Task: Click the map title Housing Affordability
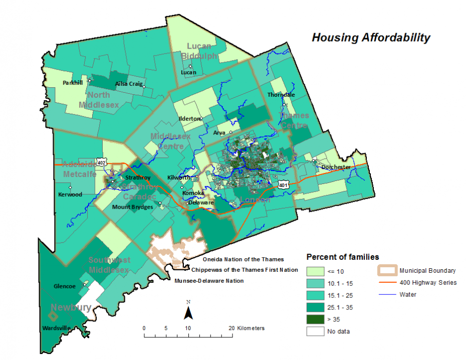pyautogui.click(x=371, y=38)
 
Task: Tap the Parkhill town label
pyautogui.click(x=73, y=83)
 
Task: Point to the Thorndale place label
pyautogui.click(x=281, y=94)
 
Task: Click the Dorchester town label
pyautogui.click(x=337, y=167)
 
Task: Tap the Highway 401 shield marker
pyautogui.click(x=284, y=184)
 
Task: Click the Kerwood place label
pyautogui.click(x=70, y=195)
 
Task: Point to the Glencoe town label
pyautogui.click(x=64, y=286)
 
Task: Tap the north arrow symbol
pyautogui.click(x=188, y=312)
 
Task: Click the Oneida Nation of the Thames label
pyautogui.click(x=243, y=259)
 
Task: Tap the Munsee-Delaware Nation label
pyautogui.click(x=209, y=281)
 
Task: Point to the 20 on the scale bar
pyautogui.click(x=231, y=328)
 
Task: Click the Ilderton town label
pyautogui.click(x=189, y=119)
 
